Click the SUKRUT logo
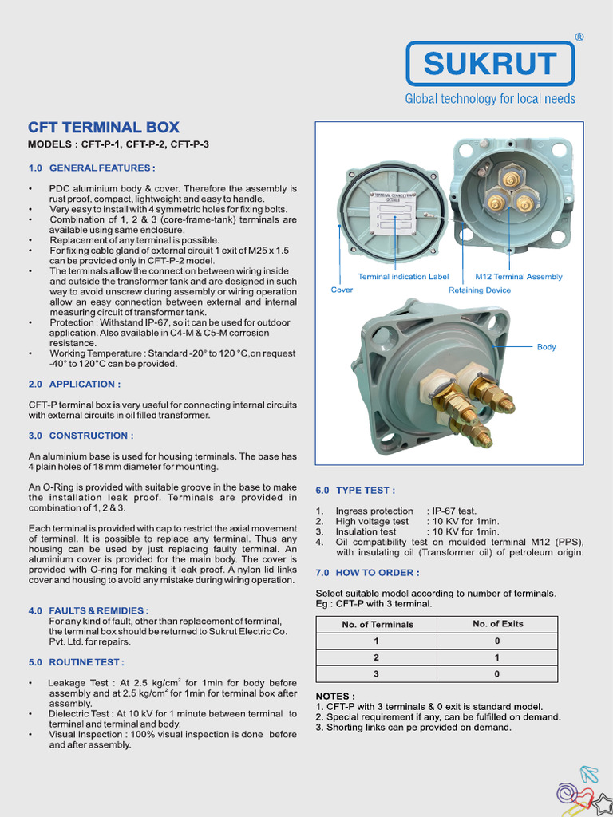point(490,63)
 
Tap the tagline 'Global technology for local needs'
point(490,99)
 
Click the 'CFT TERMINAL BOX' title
point(104,128)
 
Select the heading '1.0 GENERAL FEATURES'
point(91,168)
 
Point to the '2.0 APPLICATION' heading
point(74,384)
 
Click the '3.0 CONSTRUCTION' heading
point(81,436)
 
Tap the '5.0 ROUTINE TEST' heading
point(76,662)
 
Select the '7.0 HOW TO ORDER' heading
point(367,573)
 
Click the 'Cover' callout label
point(342,290)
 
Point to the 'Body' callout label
point(546,347)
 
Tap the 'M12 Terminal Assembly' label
point(518,277)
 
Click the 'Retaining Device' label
point(478,290)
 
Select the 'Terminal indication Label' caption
point(403,277)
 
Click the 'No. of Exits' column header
point(497,624)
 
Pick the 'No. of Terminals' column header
point(378,625)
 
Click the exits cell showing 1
point(497,657)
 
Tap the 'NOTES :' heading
point(335,696)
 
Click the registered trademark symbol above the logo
point(579,37)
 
